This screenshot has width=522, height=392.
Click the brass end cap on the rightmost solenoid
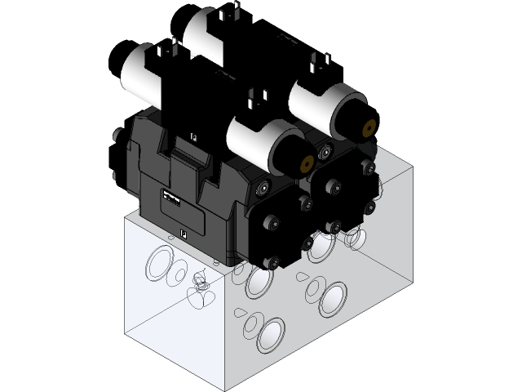[x=366, y=129]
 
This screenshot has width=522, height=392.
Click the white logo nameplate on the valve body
[x=170, y=198]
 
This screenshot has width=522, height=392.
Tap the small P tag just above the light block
[x=182, y=233]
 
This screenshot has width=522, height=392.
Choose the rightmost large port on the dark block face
[x=335, y=300]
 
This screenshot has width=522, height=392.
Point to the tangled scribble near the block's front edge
[x=199, y=284]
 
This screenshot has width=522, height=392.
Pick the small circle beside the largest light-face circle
[x=176, y=276]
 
